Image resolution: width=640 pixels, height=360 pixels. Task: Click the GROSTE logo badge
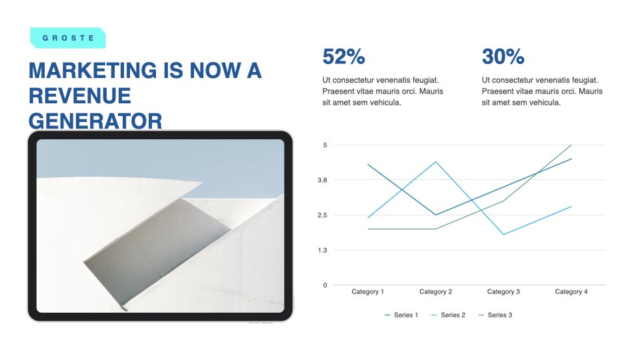(x=68, y=38)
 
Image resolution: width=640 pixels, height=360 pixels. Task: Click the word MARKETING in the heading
(x=93, y=70)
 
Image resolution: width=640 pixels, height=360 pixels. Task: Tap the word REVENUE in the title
(x=79, y=96)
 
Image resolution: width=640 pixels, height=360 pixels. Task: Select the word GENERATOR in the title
(x=95, y=121)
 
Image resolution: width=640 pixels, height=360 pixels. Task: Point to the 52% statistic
(x=344, y=56)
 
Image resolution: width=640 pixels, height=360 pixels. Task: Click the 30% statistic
(x=503, y=56)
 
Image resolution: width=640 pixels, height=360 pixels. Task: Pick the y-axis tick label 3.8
(x=323, y=180)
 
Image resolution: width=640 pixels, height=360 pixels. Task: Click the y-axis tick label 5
(x=325, y=145)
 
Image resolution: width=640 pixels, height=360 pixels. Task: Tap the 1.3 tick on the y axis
(x=323, y=250)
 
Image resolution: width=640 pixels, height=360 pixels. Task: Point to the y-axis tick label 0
(x=325, y=285)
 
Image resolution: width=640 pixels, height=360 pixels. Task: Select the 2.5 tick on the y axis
(x=323, y=215)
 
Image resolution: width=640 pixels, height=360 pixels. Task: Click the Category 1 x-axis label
(x=368, y=291)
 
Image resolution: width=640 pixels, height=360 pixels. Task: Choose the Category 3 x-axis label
(x=503, y=291)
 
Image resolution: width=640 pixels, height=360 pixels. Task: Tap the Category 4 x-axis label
(x=571, y=291)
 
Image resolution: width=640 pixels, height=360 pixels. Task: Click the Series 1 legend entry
(x=401, y=315)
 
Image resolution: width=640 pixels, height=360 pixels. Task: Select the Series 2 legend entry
(x=448, y=315)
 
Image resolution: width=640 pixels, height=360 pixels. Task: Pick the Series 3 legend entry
(x=495, y=315)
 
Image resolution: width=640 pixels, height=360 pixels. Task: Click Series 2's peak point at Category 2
(x=436, y=162)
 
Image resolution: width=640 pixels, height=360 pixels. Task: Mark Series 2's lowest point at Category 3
(x=504, y=234)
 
